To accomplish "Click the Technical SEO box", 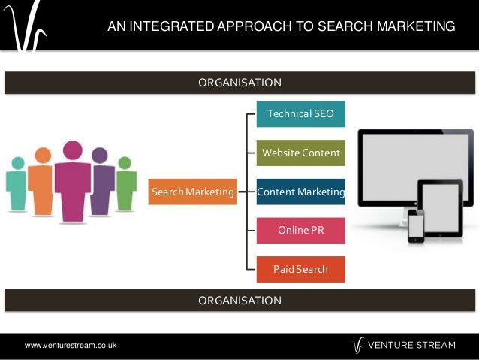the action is click(x=300, y=113).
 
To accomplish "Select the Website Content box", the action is click(x=300, y=153).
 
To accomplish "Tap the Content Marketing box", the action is click(x=300, y=192).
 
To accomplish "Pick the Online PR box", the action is click(x=300, y=230).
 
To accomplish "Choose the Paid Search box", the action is click(x=300, y=269).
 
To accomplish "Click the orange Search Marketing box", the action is click(x=193, y=192).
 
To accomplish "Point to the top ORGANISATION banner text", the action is click(x=239, y=82).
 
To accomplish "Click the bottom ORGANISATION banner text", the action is click(x=239, y=300).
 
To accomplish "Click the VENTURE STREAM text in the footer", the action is click(x=415, y=345).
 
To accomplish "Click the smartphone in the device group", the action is click(x=416, y=225).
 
